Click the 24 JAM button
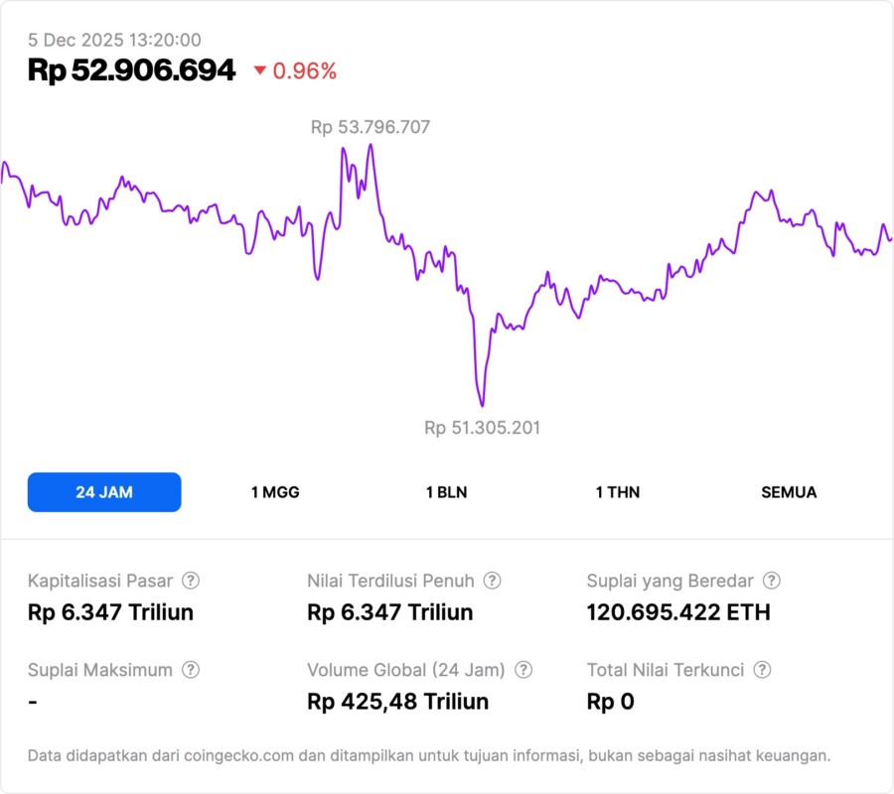104,492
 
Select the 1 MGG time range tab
275,492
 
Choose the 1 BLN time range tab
446,492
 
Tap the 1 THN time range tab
618,492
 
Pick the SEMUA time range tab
789,492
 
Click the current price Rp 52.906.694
132,70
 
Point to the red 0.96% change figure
305,71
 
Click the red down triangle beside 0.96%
260,70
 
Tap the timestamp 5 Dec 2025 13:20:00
114,40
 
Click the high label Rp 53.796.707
371,127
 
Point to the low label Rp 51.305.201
483,428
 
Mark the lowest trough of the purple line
482,405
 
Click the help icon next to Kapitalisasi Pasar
191,581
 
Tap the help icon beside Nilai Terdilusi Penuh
492,581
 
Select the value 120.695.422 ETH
678,612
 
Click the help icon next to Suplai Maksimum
191,670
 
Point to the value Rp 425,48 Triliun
398,702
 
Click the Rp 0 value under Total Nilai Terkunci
610,702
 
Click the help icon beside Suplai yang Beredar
771,581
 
